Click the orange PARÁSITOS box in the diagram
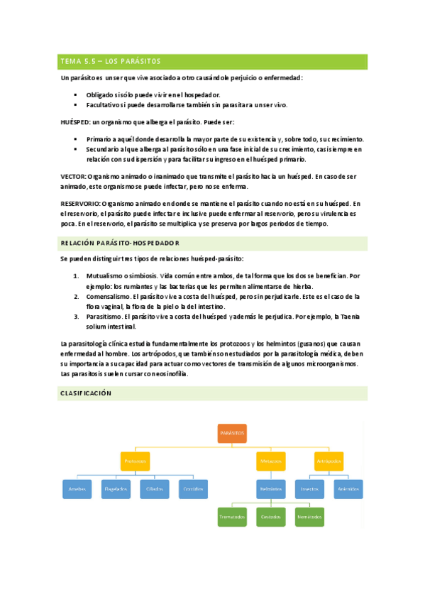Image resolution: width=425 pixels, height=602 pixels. pos(232,433)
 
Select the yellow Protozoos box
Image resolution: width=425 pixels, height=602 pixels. pos(135,461)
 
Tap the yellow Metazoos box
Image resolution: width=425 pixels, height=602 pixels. pos(270,461)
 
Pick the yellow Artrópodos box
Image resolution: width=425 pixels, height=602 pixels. pos(329,461)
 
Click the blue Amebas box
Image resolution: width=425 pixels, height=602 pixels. pos(76,489)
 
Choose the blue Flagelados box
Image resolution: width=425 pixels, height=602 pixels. pos(116,489)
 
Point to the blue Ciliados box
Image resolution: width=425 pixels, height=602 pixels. pos(155,489)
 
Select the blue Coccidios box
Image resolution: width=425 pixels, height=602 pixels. pos(194,489)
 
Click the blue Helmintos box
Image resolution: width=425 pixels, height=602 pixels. pos(270,489)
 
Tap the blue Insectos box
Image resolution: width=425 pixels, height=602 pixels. pos(309,489)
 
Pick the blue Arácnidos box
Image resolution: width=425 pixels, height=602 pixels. pos(348,489)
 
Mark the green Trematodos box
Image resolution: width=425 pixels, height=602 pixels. pos(231,517)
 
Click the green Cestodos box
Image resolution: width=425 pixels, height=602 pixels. pos(270,517)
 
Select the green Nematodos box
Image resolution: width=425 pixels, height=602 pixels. pos(309,517)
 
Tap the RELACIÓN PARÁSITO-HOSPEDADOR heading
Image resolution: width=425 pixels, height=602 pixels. pos(120,243)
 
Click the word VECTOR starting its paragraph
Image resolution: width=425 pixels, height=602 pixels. pos(74,175)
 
